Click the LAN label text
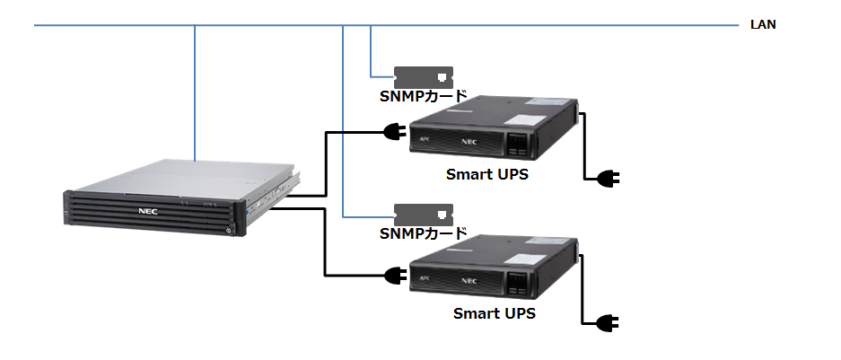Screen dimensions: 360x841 (x=763, y=25)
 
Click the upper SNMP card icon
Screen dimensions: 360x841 (x=424, y=76)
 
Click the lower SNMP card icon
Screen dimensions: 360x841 (x=424, y=215)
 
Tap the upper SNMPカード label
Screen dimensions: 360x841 (x=423, y=96)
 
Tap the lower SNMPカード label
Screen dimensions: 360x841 (x=423, y=234)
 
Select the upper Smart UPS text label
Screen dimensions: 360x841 (x=486, y=174)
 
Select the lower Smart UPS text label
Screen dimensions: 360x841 (x=494, y=313)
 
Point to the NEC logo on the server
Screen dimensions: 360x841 (x=148, y=212)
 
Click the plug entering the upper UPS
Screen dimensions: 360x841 (x=394, y=134)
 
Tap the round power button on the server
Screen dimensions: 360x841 (x=229, y=229)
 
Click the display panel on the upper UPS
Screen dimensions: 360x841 (x=520, y=142)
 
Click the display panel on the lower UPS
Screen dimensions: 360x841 (x=520, y=282)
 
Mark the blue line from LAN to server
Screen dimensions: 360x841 (x=195, y=90)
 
